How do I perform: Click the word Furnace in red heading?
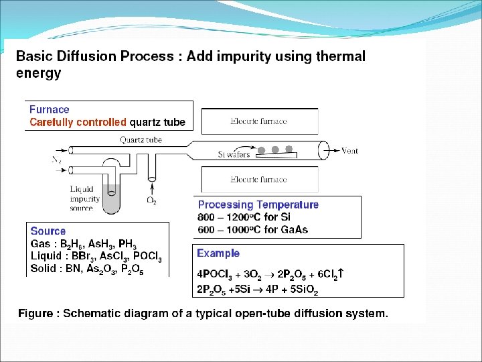(50, 109)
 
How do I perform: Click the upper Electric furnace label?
(258, 121)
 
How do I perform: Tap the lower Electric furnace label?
(258, 180)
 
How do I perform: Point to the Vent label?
(350, 151)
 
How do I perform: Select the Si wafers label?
(234, 154)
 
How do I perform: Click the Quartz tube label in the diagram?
(141, 140)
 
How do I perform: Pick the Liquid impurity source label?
(85, 199)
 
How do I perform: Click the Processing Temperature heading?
(258, 204)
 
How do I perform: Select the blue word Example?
(218, 253)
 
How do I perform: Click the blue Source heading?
(48, 231)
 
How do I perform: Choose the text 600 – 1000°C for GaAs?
(253, 230)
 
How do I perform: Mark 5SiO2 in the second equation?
(302, 290)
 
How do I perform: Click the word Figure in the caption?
(36, 313)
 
